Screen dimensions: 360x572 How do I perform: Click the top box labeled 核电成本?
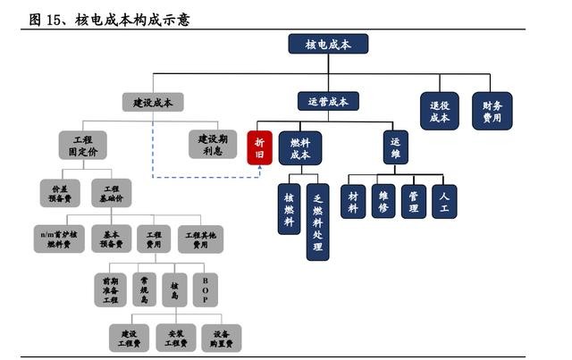pos(328,44)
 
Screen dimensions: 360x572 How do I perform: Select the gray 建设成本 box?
pos(153,102)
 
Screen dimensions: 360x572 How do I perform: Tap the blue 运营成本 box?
pos(328,102)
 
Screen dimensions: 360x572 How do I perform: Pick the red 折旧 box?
pos(259,147)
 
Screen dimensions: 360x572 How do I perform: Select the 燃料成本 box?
pos(299,147)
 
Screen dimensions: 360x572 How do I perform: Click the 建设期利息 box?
pos(212,145)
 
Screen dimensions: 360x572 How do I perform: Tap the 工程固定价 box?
pos(82,145)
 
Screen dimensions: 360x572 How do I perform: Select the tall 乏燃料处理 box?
pos(317,222)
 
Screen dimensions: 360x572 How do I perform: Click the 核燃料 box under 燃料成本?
pos(289,209)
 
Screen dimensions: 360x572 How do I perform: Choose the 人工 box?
pos(444,201)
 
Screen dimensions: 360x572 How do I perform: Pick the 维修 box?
pos(383,201)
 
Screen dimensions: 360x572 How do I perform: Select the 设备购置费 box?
pos(220,336)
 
